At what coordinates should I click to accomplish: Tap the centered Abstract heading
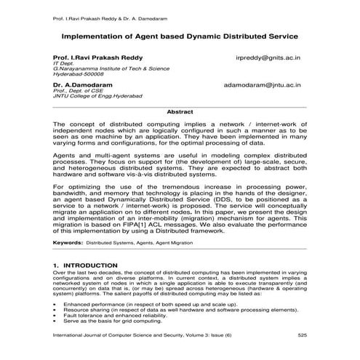click(x=179, y=111)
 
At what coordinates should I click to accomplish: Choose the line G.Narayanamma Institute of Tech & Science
click(x=109, y=68)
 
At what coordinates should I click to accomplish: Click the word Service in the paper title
click(x=281, y=33)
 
